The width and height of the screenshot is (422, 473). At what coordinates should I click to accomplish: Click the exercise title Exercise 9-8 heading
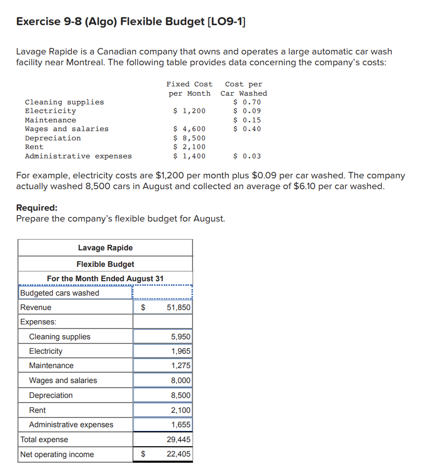[x=130, y=22]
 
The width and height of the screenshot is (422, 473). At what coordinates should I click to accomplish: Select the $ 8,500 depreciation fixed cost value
[x=189, y=138]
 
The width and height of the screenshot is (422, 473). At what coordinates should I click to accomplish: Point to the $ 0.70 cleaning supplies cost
[x=247, y=102]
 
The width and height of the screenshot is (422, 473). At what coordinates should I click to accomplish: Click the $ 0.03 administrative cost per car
[x=247, y=156]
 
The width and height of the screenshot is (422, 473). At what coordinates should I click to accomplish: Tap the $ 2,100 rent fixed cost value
[x=189, y=147]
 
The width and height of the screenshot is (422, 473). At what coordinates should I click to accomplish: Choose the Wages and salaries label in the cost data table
[x=67, y=129]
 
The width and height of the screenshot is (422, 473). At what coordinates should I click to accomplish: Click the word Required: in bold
[x=37, y=208]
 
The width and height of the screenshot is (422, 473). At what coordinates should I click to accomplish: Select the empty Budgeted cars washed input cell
[x=162, y=293]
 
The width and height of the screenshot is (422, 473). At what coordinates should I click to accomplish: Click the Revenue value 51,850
[x=178, y=307]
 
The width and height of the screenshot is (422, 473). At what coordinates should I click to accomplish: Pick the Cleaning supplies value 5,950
[x=180, y=337]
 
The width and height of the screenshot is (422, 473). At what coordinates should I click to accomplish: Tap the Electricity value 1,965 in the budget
[x=180, y=351]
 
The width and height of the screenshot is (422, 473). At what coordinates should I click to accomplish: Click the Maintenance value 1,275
[x=180, y=366]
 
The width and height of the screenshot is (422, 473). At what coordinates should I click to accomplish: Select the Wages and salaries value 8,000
[x=180, y=380]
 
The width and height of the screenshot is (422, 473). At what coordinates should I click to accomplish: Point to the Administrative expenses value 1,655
[x=180, y=425]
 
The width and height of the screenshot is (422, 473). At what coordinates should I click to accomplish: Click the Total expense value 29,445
[x=178, y=440]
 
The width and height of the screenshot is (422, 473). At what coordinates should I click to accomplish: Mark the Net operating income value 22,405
[x=178, y=454]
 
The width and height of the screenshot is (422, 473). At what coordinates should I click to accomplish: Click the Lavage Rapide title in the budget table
[x=105, y=248]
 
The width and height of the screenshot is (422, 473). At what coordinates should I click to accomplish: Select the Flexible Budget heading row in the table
[x=105, y=264]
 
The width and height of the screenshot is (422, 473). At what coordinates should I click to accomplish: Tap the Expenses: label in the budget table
[x=39, y=322]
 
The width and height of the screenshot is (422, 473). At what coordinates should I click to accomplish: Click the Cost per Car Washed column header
[x=244, y=88]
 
